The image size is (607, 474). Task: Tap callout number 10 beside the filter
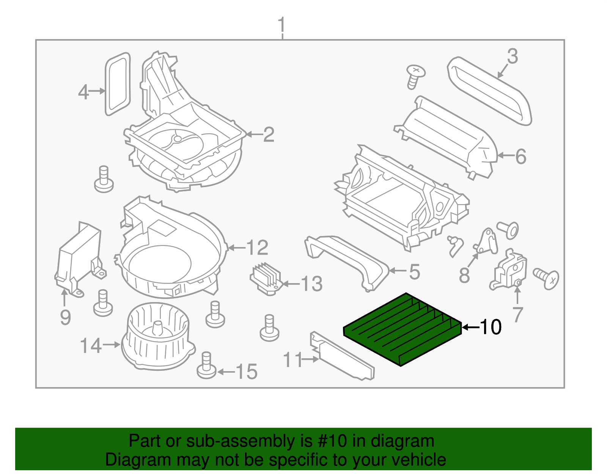491,327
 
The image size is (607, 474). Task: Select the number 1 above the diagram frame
281,25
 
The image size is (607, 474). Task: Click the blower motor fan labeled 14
157,336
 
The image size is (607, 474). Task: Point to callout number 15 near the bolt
247,372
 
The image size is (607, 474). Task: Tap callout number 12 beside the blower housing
258,248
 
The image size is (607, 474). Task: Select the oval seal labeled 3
489,91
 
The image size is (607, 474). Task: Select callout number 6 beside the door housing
521,156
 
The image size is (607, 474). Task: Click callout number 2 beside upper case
269,135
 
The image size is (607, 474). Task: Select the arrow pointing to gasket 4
97,91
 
